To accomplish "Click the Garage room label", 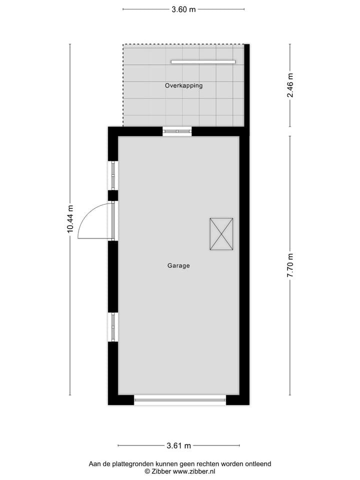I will [178, 266].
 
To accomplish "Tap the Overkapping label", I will [183, 85].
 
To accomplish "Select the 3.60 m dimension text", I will [183, 9].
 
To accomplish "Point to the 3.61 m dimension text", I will [179, 445].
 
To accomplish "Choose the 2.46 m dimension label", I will [290, 85].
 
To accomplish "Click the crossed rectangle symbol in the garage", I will [221, 233].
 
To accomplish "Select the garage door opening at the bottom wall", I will [180, 399].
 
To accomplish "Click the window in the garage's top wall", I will [177, 131].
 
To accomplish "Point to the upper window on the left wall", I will [113, 175].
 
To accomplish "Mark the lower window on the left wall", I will [113, 327].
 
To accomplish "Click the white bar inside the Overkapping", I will [203, 62].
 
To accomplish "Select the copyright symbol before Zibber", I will [147, 471].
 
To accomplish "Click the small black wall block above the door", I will [113, 195].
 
